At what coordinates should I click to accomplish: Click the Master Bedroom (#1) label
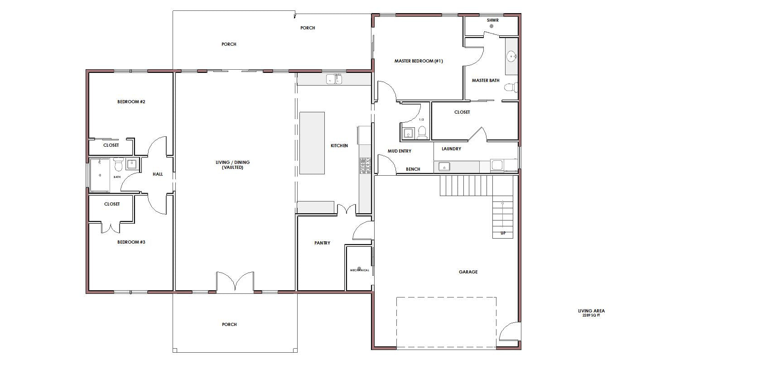(419, 61)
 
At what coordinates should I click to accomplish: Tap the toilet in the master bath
(511, 87)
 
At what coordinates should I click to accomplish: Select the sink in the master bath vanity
(511, 56)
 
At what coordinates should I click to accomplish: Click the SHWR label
(493, 20)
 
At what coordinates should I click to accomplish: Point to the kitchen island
(312, 143)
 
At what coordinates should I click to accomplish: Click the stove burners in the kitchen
(365, 165)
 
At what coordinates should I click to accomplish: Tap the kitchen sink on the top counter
(334, 79)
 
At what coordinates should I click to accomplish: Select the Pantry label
(322, 243)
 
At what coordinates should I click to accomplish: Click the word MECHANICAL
(359, 270)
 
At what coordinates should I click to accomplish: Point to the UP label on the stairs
(503, 233)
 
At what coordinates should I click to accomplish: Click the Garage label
(468, 272)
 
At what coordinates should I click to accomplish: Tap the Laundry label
(451, 149)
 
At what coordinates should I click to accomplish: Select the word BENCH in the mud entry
(413, 169)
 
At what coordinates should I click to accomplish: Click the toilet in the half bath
(422, 133)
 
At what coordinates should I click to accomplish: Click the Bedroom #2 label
(131, 101)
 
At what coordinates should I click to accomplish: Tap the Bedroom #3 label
(131, 242)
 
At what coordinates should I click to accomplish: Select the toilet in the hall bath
(118, 164)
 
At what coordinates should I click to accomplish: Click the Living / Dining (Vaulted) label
(232, 165)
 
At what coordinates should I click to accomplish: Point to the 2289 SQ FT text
(591, 316)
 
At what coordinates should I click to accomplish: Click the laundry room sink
(444, 167)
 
